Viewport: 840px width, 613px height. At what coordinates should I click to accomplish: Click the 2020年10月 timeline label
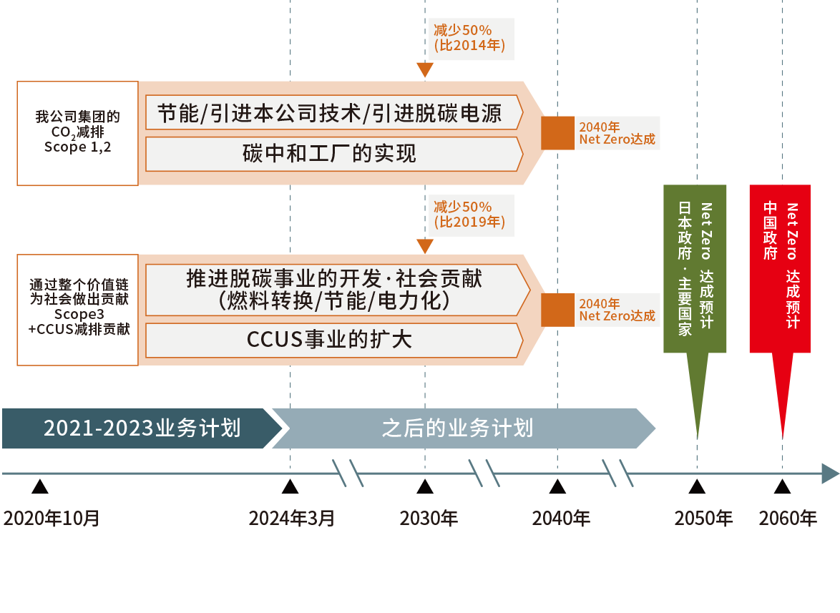click(x=52, y=518)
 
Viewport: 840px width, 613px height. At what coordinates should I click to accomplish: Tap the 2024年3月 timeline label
click(x=291, y=518)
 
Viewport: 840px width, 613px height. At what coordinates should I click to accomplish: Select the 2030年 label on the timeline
click(x=428, y=518)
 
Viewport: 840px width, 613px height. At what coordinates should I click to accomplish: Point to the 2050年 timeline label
click(x=703, y=518)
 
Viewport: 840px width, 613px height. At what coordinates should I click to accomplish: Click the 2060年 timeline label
click(x=787, y=518)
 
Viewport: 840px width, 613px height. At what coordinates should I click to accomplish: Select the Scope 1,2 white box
click(x=77, y=133)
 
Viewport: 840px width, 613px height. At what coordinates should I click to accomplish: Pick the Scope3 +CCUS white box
click(x=77, y=309)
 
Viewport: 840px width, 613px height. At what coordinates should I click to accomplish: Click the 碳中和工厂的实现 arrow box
click(x=331, y=154)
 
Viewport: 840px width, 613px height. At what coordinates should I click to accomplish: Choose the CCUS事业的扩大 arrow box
click(x=331, y=340)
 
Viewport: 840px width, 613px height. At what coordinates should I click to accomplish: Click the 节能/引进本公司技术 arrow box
click(x=331, y=113)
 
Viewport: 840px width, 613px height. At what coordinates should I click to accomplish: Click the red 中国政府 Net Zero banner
click(x=780, y=268)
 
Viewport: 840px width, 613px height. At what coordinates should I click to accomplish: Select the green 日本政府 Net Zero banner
click(x=695, y=268)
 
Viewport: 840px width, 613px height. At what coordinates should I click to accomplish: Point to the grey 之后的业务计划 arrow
click(x=458, y=428)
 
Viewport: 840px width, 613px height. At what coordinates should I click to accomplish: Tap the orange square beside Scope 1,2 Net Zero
click(x=557, y=133)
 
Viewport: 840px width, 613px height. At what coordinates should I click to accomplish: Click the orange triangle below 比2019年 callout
click(x=425, y=246)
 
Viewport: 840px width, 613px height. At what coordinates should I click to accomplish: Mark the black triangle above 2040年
click(x=558, y=487)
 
